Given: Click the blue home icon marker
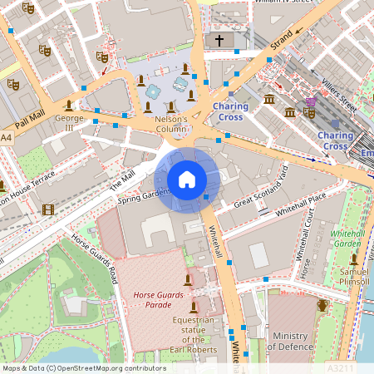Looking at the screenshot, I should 187,179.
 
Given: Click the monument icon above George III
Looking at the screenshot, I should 68,105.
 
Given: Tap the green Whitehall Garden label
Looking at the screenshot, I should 347,239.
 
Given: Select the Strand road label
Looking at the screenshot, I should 283,47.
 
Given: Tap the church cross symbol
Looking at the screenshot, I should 219,40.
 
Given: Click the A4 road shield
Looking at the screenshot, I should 7,136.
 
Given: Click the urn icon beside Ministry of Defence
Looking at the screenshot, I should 322,306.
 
